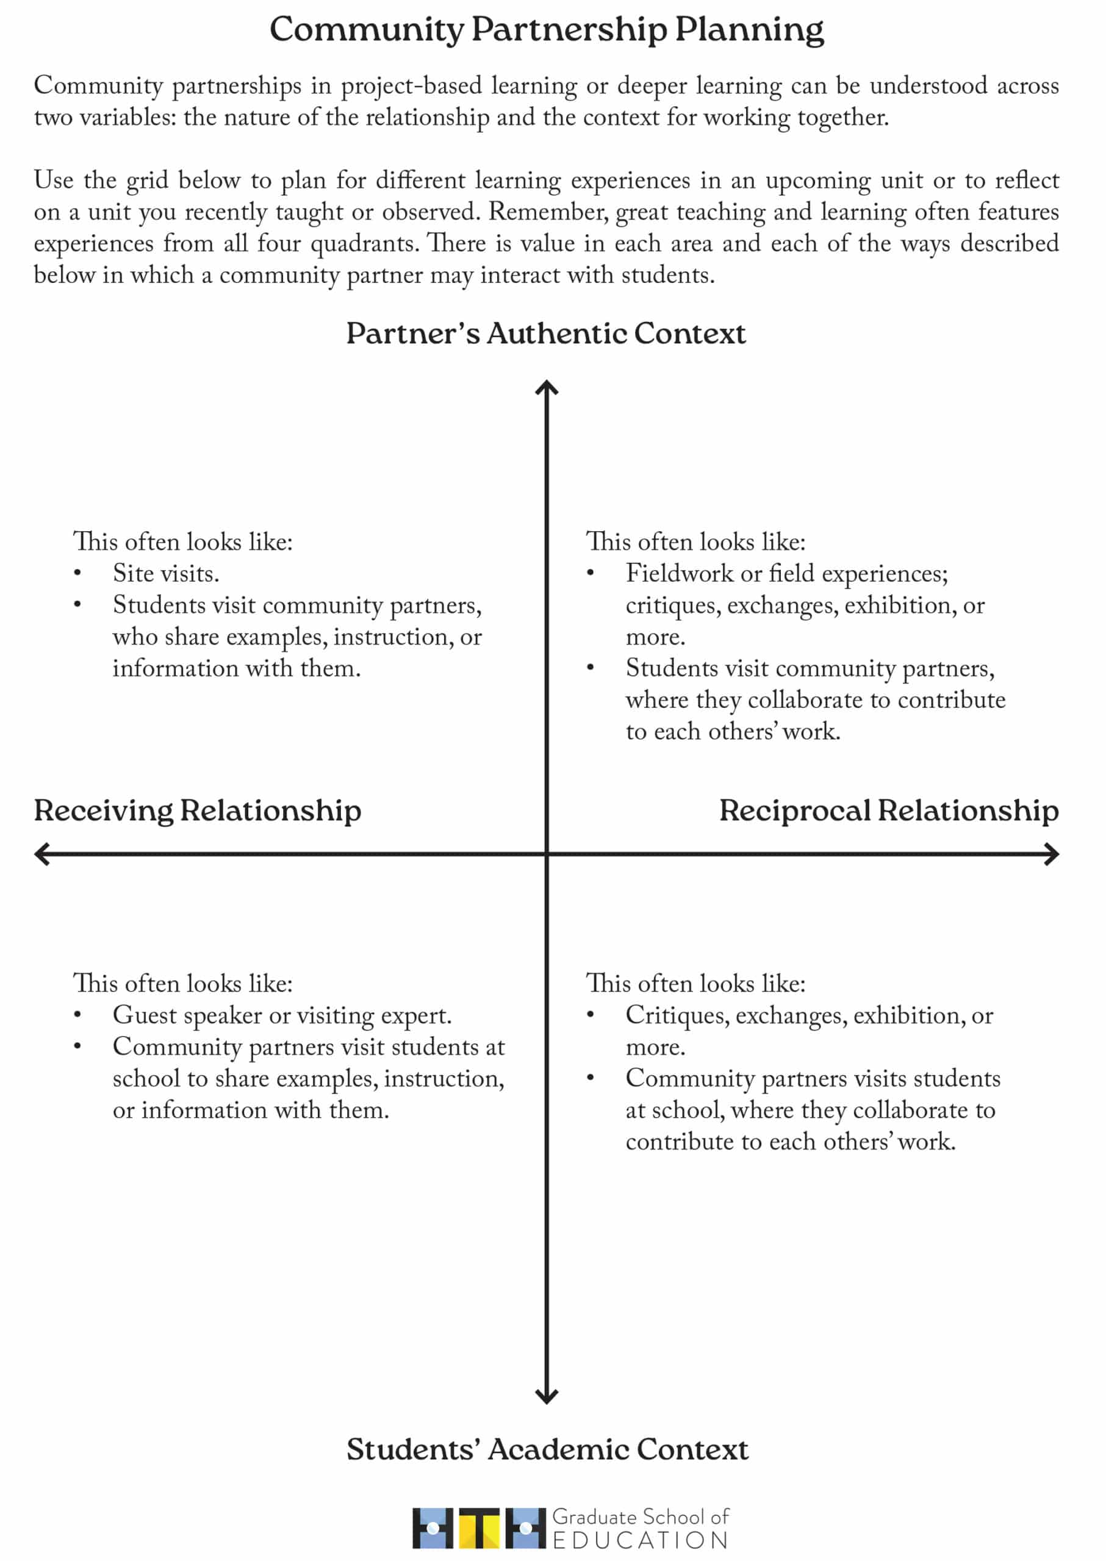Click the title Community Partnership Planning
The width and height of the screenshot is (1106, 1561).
coord(546,29)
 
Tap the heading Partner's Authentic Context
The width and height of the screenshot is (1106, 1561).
coord(546,334)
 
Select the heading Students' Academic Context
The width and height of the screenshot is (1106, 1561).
coord(548,1449)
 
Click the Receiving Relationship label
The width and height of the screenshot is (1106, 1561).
coord(198,810)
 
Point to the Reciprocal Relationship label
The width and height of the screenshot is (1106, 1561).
coord(889,810)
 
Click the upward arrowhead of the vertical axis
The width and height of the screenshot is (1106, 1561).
coord(547,388)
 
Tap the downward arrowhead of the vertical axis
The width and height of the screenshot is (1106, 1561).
coord(547,1395)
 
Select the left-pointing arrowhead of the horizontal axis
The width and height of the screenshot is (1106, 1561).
coord(42,854)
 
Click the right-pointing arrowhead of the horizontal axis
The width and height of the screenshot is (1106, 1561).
coord(1052,854)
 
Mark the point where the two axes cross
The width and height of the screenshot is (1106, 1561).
coord(547,854)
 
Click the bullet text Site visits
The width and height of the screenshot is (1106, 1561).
coord(166,573)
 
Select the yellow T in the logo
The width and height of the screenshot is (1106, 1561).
coord(479,1527)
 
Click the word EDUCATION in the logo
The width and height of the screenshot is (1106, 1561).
coord(640,1540)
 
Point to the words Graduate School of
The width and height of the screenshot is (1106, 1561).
coord(640,1516)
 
